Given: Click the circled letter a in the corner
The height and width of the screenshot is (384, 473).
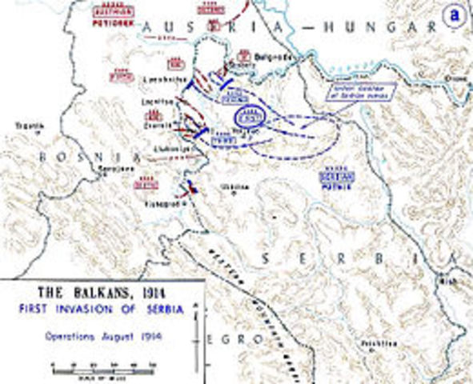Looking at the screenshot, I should click(x=455, y=14).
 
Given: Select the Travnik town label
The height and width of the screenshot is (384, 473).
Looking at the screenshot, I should click(x=31, y=125).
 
